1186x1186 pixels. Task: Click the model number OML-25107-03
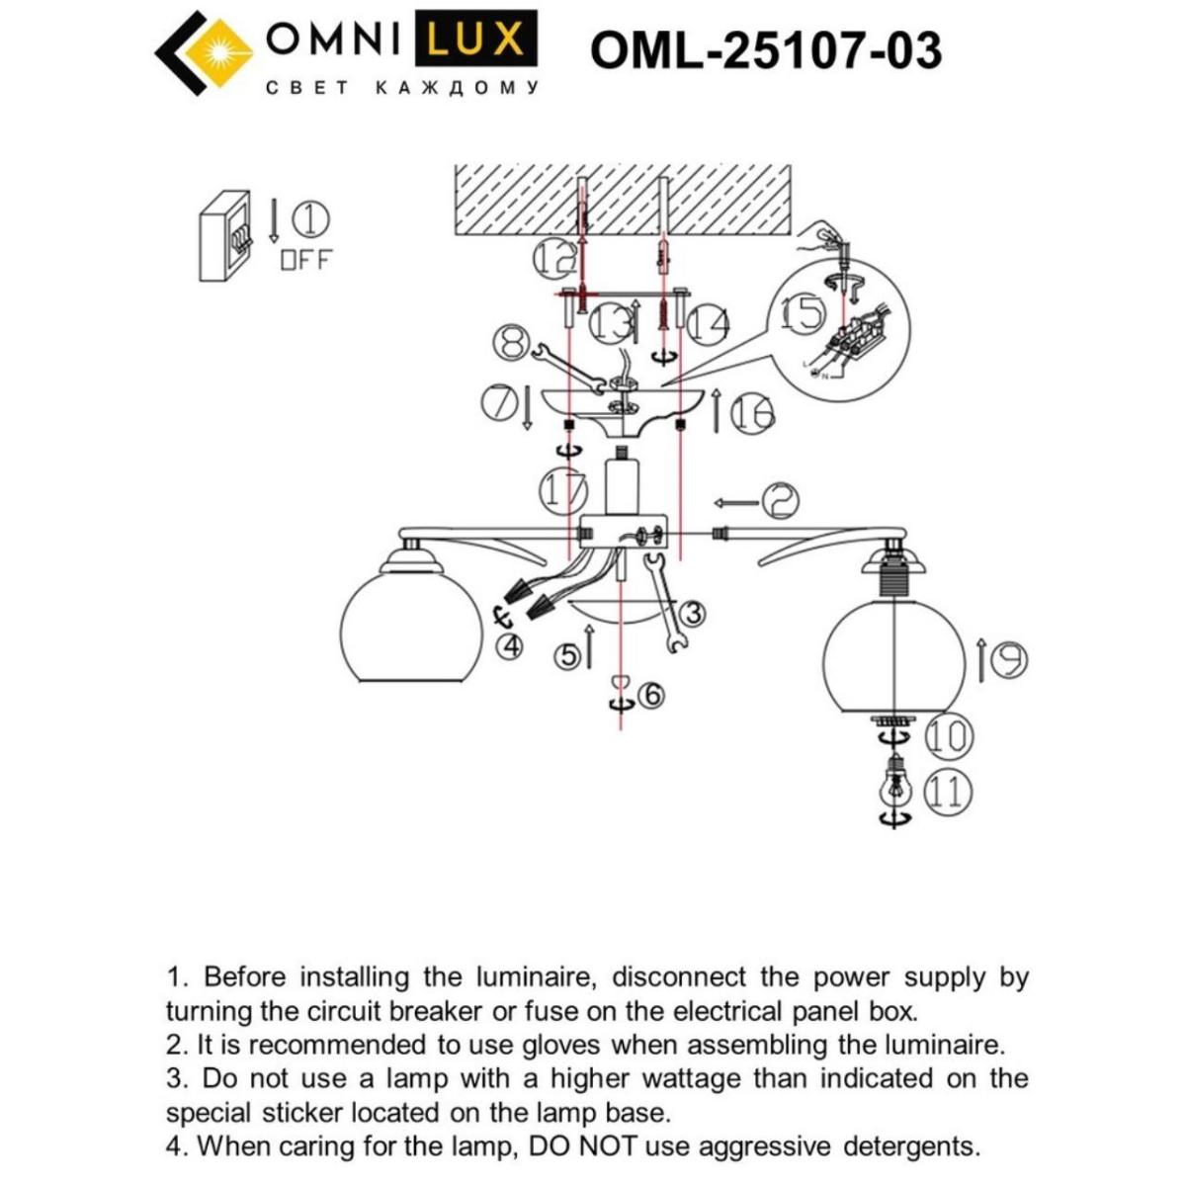click(766, 49)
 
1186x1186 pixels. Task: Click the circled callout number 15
click(803, 313)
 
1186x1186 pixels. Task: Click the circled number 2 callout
click(779, 502)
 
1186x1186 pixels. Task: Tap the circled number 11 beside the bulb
click(948, 793)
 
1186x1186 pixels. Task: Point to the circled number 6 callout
click(651, 696)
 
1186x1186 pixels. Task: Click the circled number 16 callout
click(753, 414)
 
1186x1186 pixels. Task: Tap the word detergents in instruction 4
click(911, 1146)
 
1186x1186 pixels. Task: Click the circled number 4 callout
click(510, 646)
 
